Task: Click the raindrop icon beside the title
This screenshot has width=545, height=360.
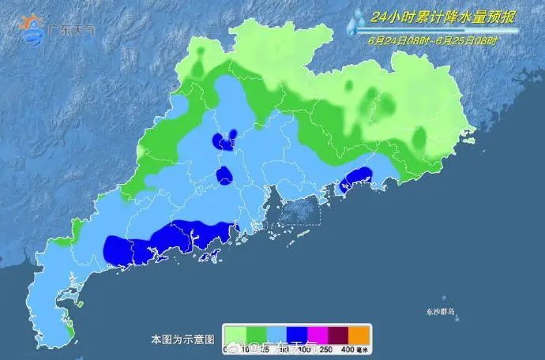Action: point(354,21)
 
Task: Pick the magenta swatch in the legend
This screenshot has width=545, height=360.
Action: point(318,334)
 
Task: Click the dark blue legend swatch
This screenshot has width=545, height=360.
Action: point(298,334)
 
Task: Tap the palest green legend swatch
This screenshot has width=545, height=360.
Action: point(235,334)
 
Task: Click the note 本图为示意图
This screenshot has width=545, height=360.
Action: point(182,340)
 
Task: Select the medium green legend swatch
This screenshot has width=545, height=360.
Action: point(256,334)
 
